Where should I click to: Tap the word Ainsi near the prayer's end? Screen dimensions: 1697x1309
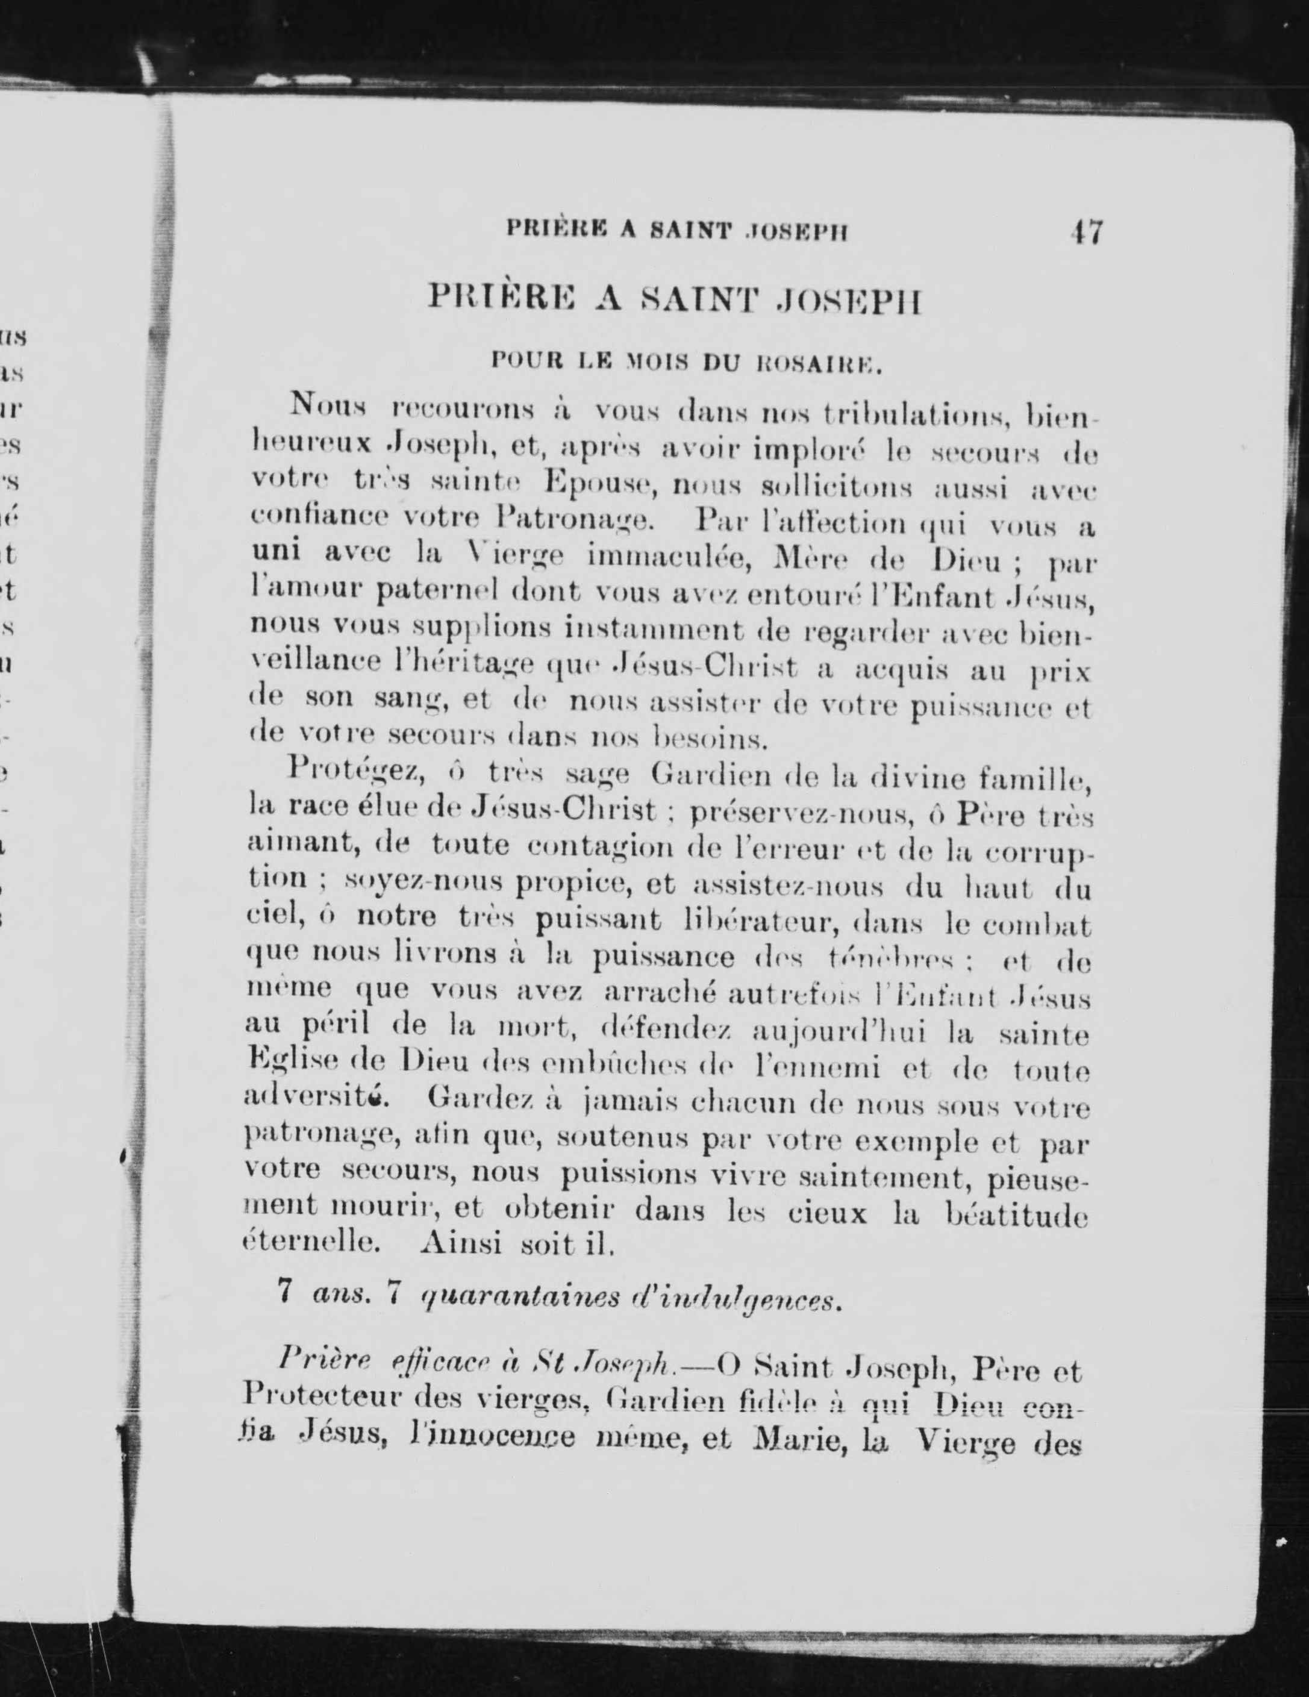[461, 1246]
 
